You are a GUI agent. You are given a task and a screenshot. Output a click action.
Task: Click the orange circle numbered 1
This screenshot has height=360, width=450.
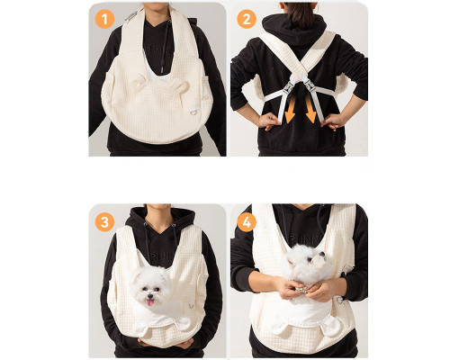[104, 19]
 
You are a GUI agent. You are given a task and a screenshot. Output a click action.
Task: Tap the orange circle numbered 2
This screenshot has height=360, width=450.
[247, 19]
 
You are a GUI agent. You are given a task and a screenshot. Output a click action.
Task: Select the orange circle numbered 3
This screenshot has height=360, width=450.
[104, 222]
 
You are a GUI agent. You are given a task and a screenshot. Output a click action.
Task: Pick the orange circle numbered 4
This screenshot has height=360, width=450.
[247, 222]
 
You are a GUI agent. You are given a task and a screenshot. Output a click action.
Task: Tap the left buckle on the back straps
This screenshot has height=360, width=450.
[289, 86]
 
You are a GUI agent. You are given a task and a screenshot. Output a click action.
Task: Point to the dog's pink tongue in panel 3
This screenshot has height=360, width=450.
[150, 302]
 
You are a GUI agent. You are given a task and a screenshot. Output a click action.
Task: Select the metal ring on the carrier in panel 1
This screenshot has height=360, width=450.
[193, 112]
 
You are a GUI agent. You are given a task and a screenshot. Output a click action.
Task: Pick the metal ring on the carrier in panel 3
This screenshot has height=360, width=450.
[192, 305]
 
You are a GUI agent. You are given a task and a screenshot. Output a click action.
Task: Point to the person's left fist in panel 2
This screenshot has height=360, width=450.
[269, 121]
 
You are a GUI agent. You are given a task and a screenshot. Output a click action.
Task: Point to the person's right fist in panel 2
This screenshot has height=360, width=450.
[332, 121]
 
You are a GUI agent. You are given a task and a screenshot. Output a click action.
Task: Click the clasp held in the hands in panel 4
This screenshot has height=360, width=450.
[302, 290]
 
